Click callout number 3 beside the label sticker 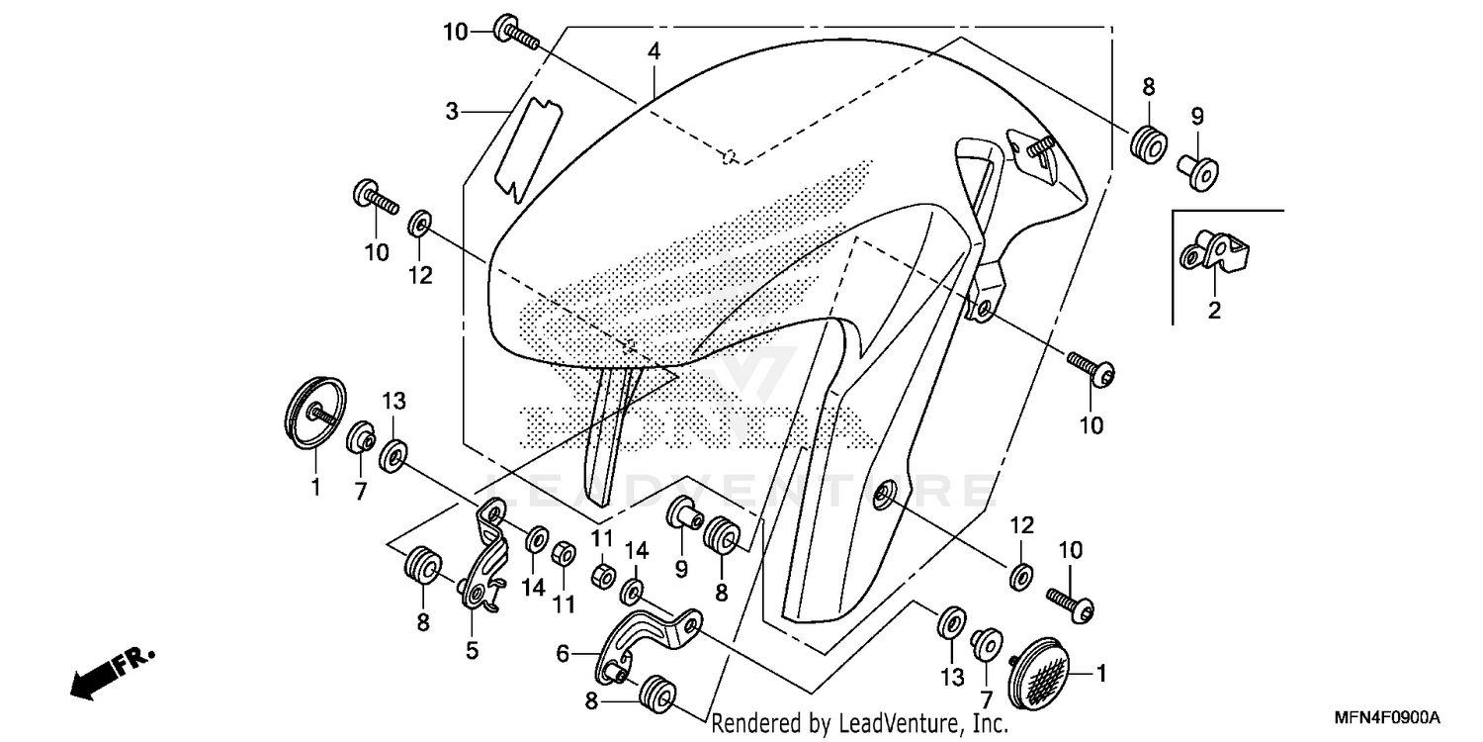point(452,112)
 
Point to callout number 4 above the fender point(654,51)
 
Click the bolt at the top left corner point(515,32)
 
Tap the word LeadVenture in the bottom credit point(878,724)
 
